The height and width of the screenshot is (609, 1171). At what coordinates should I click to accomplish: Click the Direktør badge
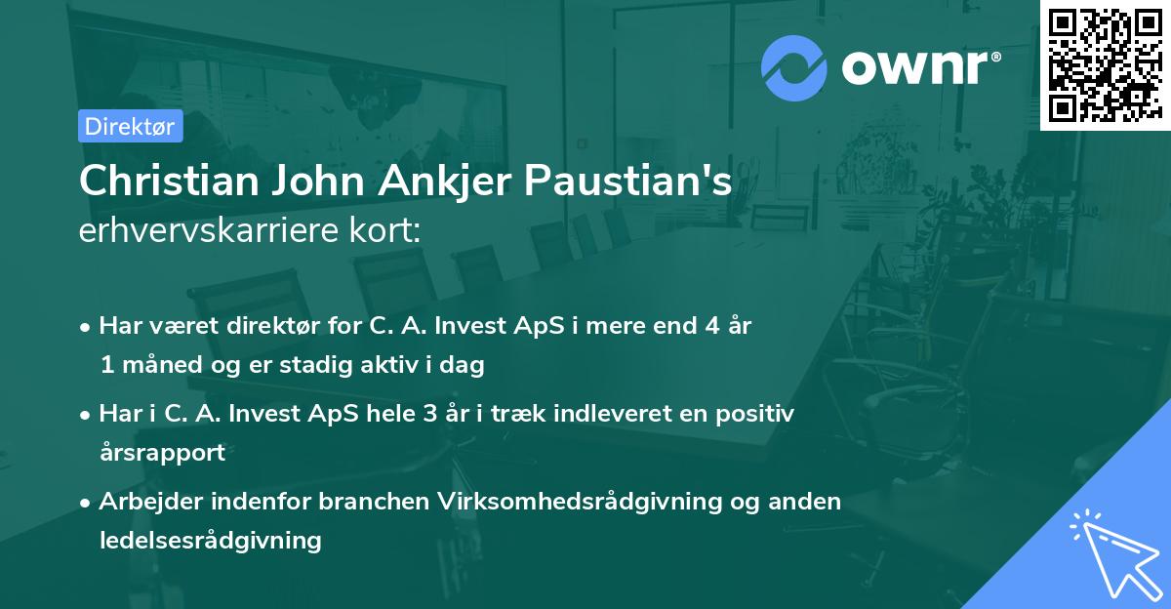tap(130, 126)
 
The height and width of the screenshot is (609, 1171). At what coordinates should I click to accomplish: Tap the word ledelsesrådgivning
tap(210, 540)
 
